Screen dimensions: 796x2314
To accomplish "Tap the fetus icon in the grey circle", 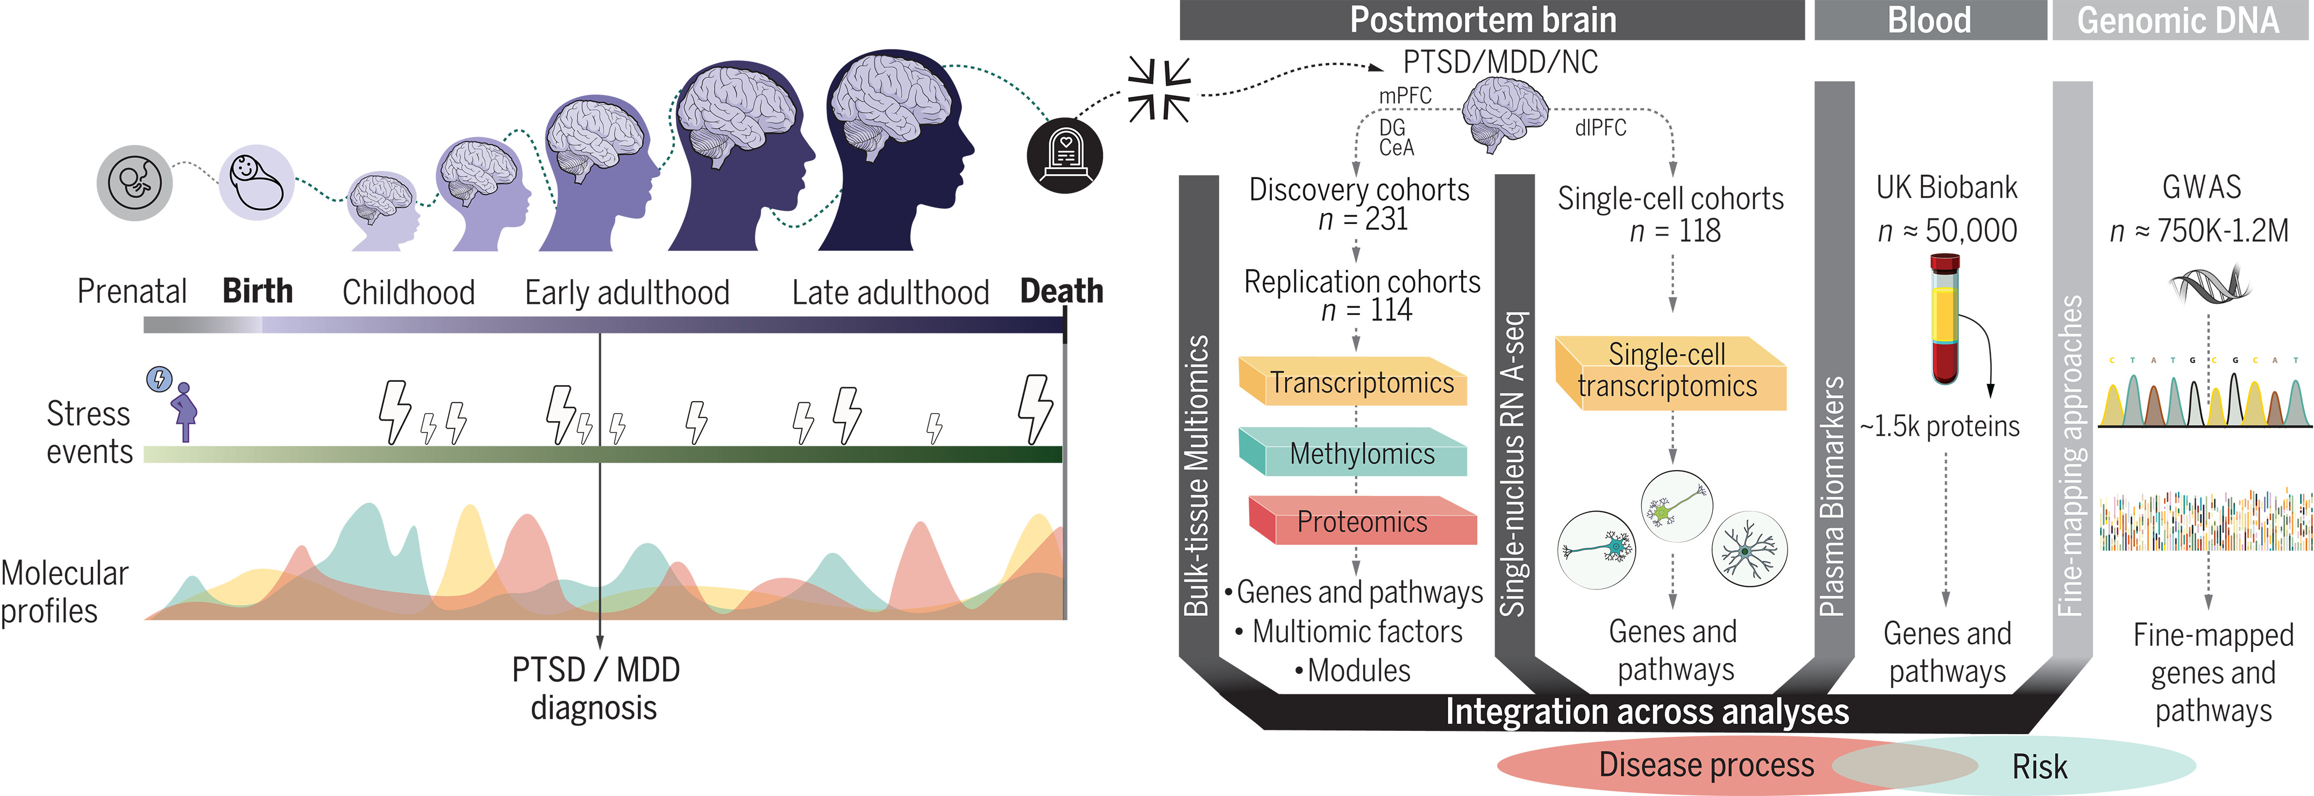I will point(135,182).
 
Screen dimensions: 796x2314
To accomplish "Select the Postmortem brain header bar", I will point(1491,20).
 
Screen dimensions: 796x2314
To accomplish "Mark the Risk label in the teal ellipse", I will point(2039,766).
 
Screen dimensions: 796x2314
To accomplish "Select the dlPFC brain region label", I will point(1600,127).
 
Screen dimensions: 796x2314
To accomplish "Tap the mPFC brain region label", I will point(1405,95).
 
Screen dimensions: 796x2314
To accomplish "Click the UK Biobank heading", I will point(1947,188).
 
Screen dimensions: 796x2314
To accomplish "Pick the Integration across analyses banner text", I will point(1647,712).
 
